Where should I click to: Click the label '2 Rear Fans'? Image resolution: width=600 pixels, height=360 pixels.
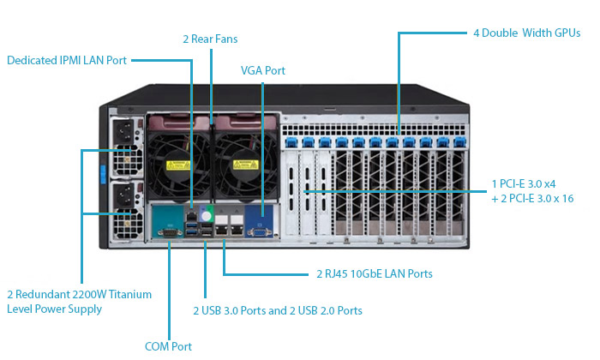tap(210, 39)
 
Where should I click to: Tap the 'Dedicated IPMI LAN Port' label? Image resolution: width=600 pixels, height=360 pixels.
tap(67, 60)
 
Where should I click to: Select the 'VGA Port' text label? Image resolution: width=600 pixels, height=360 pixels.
tap(263, 70)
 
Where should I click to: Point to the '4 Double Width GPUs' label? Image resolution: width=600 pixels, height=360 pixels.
tap(526, 33)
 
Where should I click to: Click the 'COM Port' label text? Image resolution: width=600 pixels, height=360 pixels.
tap(168, 346)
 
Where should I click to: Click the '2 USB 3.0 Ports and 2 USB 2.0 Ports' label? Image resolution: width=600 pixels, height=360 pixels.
tap(278, 310)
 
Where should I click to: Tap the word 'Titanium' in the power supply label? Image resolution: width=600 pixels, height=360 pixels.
tap(130, 294)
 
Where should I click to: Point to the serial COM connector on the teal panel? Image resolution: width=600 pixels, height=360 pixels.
tap(169, 230)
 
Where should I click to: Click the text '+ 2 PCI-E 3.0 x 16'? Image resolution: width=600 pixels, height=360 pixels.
tap(531, 199)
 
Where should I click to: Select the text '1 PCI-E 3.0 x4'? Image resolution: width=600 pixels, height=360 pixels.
tap(524, 183)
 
